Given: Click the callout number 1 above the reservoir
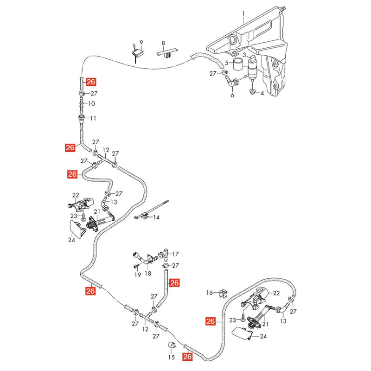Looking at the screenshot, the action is click(243, 14).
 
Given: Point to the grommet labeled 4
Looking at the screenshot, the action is click(253, 91).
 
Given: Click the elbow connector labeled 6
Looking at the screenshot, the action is click(233, 82).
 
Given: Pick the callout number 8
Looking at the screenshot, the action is click(163, 43).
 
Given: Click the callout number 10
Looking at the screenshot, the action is click(91, 103).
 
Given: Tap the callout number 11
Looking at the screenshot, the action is click(93, 118).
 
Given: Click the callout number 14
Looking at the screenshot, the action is click(156, 217).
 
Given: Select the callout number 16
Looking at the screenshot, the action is click(210, 293).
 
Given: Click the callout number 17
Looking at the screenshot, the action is click(175, 254).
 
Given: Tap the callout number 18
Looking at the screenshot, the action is click(148, 274).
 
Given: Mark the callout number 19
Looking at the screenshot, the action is click(138, 275).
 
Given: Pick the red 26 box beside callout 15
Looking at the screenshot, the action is click(187, 357).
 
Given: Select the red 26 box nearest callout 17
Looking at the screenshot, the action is click(174, 282).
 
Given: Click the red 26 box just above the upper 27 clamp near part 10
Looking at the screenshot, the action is click(91, 82).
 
